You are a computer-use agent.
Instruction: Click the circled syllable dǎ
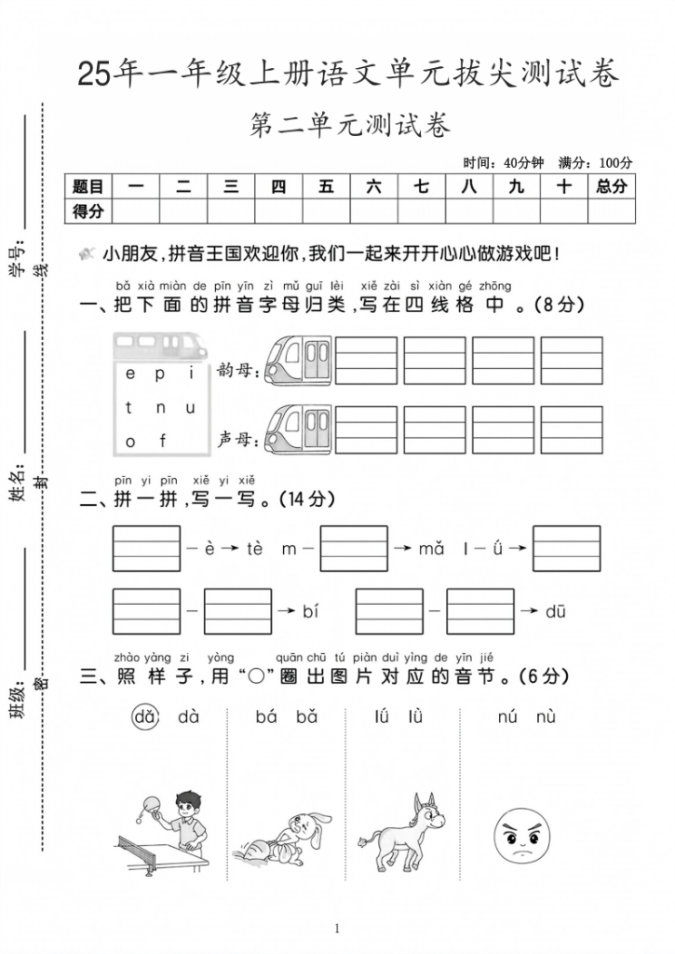(143, 716)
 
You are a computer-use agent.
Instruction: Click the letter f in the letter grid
(161, 441)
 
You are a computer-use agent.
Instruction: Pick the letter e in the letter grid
(130, 375)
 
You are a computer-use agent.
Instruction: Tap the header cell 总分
(611, 186)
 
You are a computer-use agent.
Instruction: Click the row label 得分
(88, 211)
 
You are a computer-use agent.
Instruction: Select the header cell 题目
(88, 186)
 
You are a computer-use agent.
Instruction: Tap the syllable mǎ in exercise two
(431, 549)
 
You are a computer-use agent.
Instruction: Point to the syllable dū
(556, 611)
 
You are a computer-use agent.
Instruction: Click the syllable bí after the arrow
(311, 611)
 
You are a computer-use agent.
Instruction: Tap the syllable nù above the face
(547, 716)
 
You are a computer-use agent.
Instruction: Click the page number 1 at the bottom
(337, 928)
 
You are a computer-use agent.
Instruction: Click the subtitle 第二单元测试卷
(350, 125)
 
